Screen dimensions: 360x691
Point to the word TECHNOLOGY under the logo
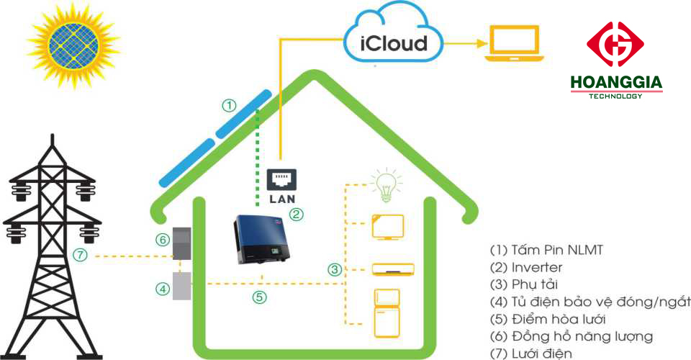click(x=615, y=96)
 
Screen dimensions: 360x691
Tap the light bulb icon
click(x=382, y=185)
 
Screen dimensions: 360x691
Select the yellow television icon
click(x=387, y=228)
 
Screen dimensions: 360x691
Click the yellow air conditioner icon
click(x=393, y=269)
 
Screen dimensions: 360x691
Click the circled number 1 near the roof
click(x=229, y=106)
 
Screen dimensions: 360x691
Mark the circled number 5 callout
click(x=261, y=297)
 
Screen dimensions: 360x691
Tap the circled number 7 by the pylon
click(x=81, y=255)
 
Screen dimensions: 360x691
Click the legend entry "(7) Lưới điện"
click(x=531, y=354)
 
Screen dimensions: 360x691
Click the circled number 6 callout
click(x=163, y=240)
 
